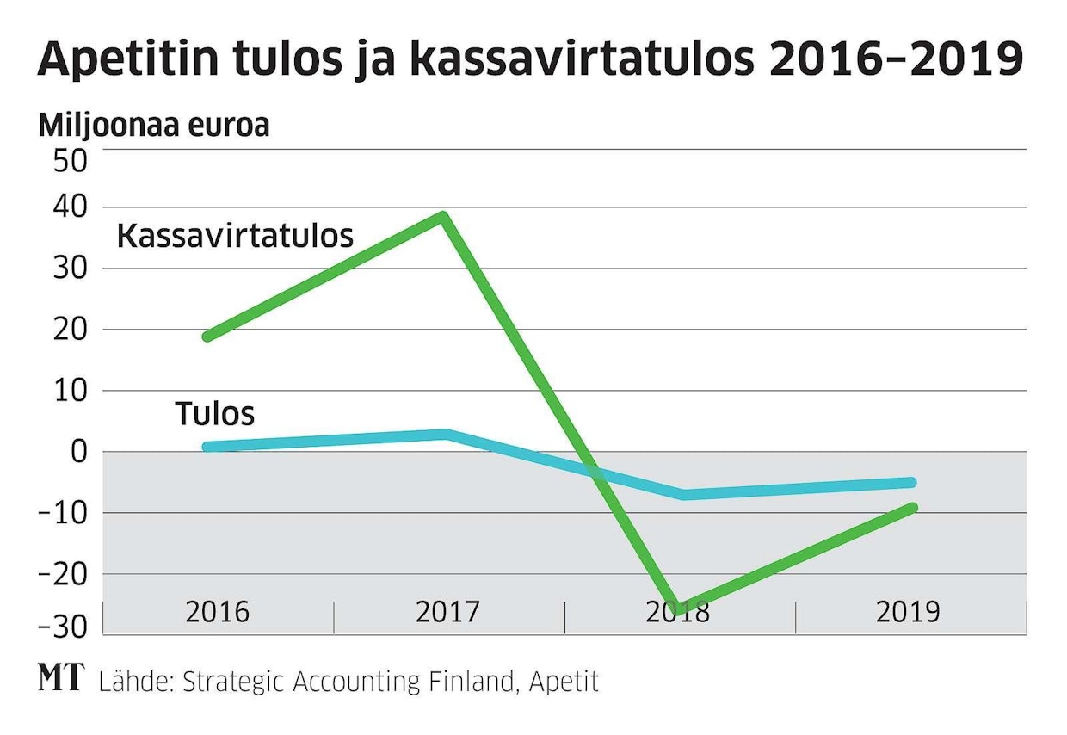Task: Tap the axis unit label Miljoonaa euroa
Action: [x=154, y=126]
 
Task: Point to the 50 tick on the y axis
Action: [x=70, y=162]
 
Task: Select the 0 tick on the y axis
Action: [x=78, y=452]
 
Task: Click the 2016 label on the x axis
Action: [x=217, y=613]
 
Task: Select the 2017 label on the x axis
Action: [x=447, y=613]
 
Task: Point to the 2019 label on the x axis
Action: [x=909, y=613]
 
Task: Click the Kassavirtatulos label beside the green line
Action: [x=235, y=236]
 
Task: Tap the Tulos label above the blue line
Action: [x=215, y=414]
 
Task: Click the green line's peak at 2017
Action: [x=443, y=215]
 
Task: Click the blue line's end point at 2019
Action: [x=911, y=483]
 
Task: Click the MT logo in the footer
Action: [x=62, y=679]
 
